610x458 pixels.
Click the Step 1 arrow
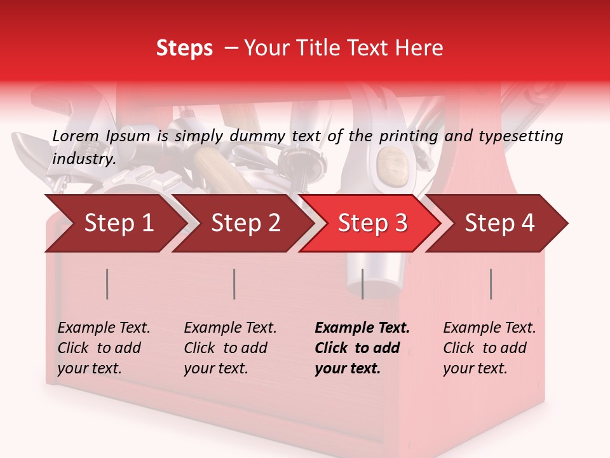point(119,223)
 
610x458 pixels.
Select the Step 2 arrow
point(245,223)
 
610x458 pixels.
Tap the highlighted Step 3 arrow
point(372,223)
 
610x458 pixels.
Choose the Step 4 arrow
point(499,223)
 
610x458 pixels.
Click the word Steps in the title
point(184,48)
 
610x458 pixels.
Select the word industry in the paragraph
point(84,159)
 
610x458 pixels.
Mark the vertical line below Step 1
point(107,284)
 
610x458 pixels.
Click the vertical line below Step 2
point(234,284)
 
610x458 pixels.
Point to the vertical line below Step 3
point(362,284)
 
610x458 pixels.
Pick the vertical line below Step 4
point(491,284)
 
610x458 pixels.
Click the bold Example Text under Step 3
point(362,328)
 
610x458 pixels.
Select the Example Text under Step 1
point(104,328)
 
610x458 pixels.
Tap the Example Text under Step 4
point(489,328)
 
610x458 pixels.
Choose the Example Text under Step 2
point(230,328)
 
